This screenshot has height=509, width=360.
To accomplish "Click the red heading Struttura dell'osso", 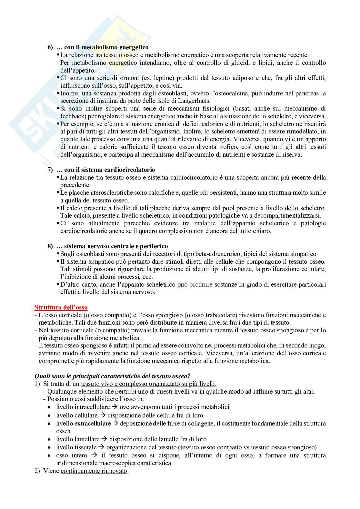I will pos(61,308).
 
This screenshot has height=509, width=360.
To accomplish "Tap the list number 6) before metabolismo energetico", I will pos(50,47).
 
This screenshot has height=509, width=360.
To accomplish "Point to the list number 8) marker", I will pos(50,246).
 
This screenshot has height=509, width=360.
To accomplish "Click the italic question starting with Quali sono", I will pos(113,376).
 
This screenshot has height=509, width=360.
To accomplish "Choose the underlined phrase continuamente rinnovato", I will pos(94,471).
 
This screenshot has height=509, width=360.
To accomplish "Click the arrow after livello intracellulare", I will pos(115,407).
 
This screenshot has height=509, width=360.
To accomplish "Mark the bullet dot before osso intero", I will pos(49,456).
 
